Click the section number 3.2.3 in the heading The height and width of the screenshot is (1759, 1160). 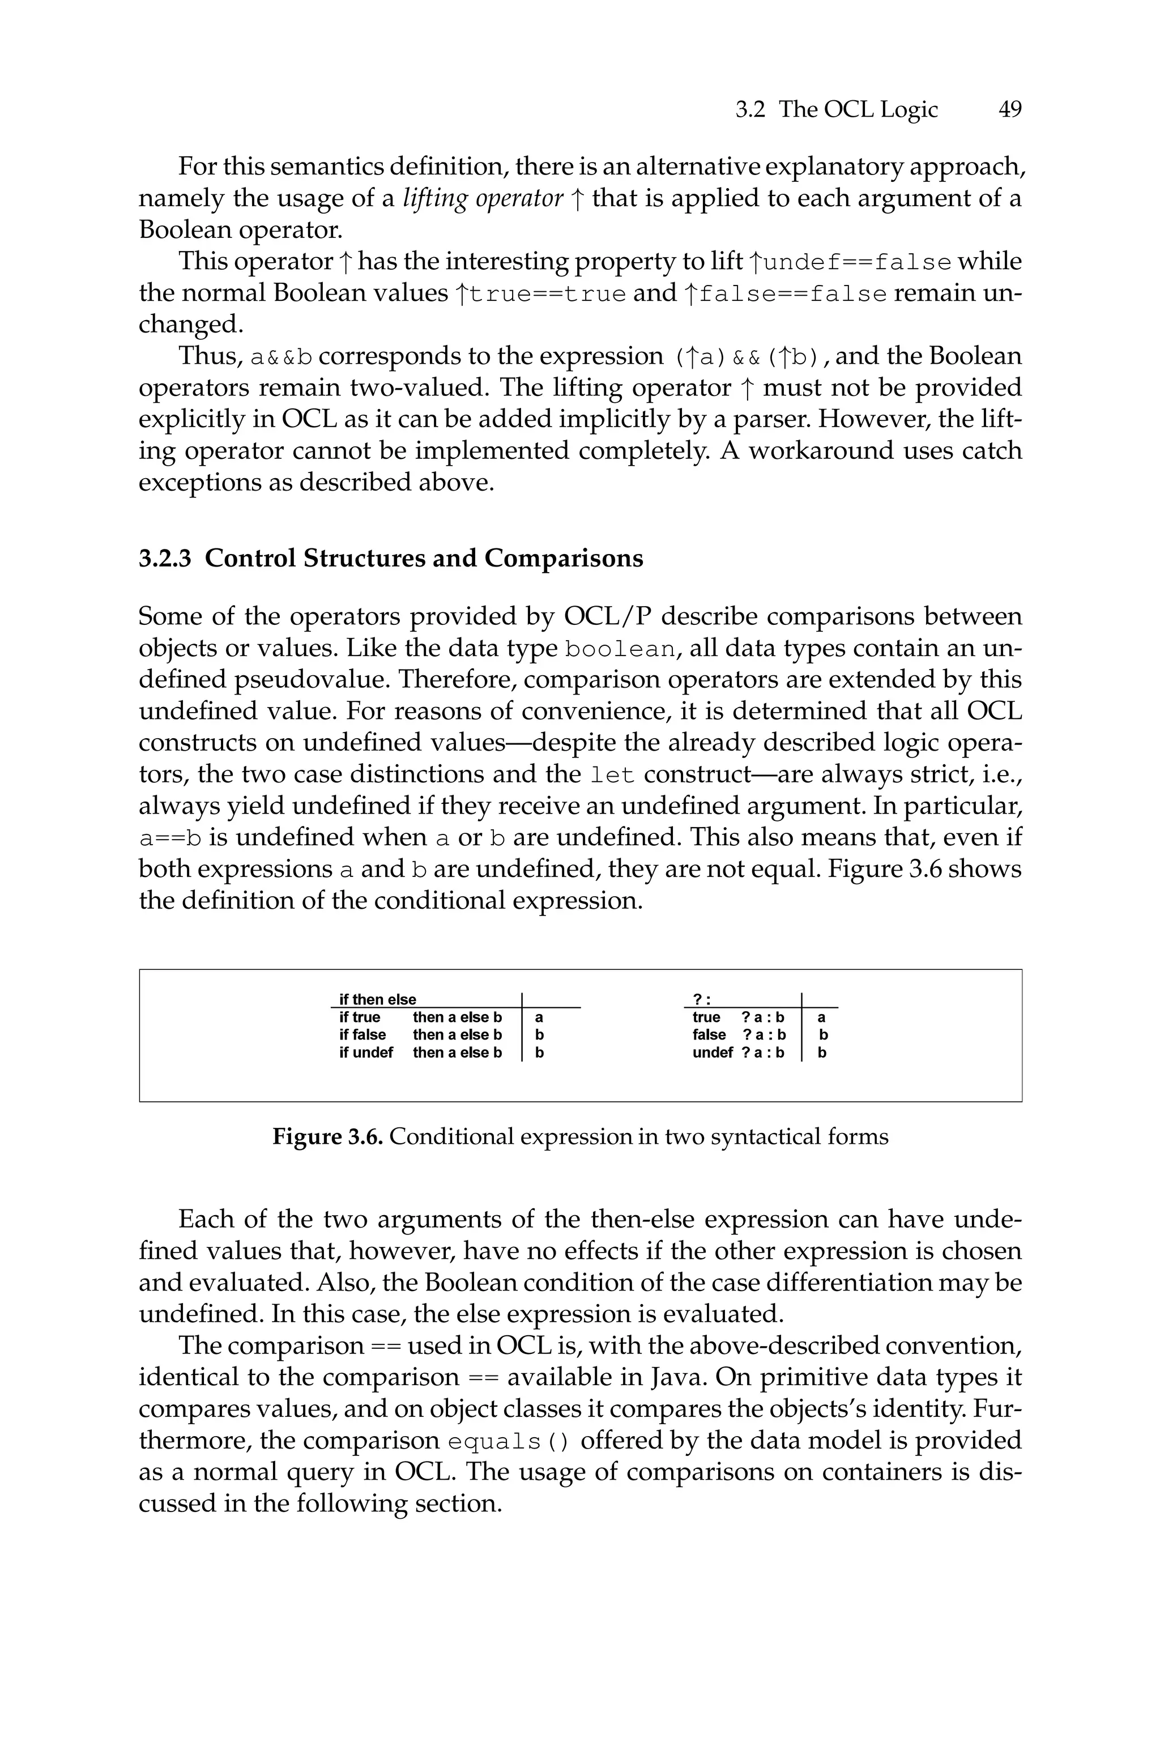click(165, 558)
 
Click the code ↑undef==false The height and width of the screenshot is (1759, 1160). click(850, 262)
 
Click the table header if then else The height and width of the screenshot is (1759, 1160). click(377, 999)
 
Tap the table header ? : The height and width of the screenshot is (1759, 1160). click(701, 999)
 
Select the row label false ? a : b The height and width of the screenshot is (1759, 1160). click(739, 1035)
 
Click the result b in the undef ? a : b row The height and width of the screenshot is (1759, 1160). click(821, 1053)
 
